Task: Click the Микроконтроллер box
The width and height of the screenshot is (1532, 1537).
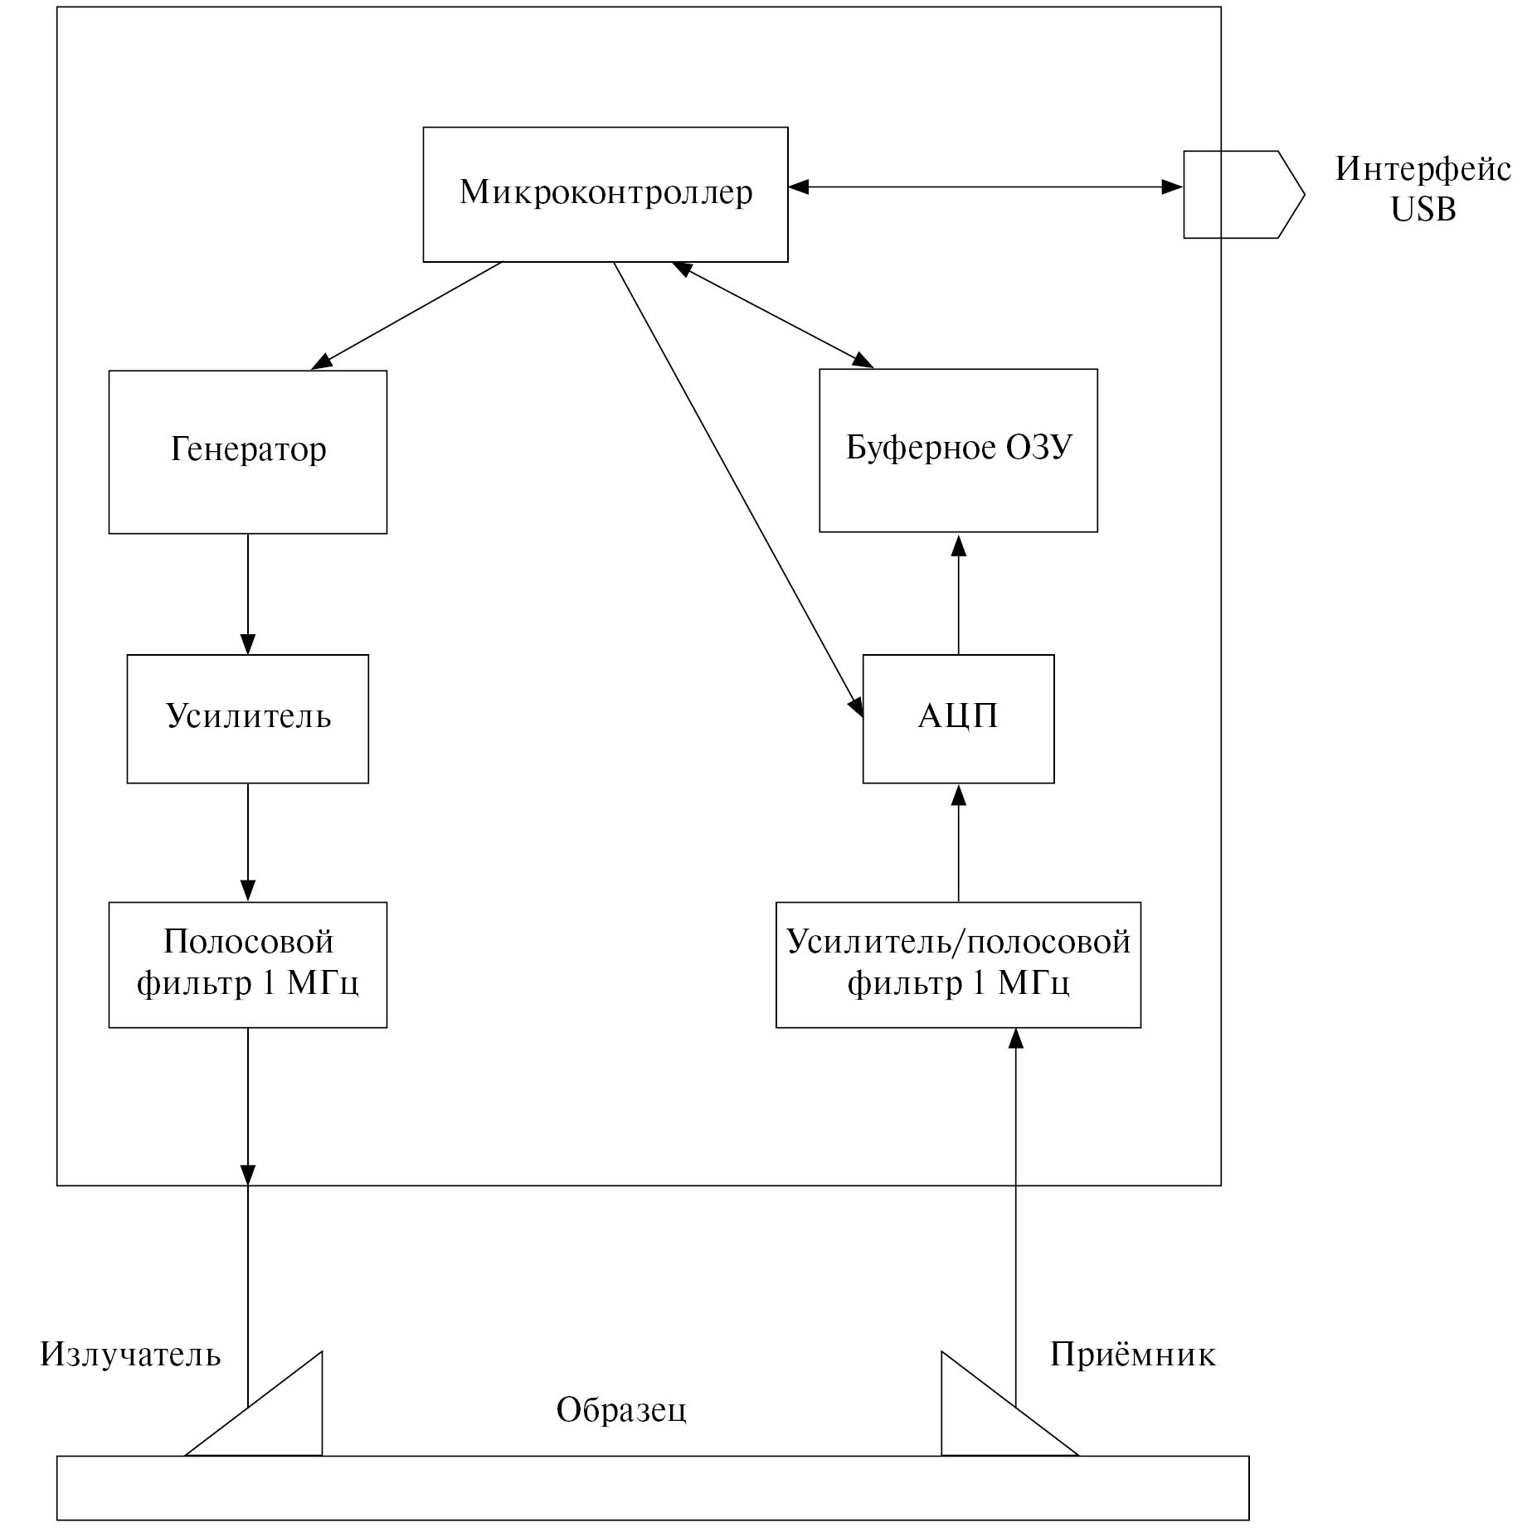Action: point(605,194)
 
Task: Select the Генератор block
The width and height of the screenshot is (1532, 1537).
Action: point(247,452)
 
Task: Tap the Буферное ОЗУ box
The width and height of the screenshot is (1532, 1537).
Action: point(958,450)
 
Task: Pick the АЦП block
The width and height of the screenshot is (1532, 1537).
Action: point(958,718)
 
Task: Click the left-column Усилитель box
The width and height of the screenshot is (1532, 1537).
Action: point(247,718)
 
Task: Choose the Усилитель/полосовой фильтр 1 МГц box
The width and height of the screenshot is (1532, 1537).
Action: point(958,964)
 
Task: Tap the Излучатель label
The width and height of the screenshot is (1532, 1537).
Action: point(130,1355)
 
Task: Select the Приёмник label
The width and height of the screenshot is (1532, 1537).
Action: point(1132,1355)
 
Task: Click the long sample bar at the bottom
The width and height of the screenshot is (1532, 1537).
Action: point(653,1487)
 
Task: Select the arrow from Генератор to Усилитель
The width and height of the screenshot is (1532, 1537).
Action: point(247,594)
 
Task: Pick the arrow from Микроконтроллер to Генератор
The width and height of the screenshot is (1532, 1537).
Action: point(406,315)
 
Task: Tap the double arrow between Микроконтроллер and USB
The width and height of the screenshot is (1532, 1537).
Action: point(985,187)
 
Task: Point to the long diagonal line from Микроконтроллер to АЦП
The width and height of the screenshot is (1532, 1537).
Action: point(738,489)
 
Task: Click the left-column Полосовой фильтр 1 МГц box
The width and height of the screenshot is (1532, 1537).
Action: point(247,964)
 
